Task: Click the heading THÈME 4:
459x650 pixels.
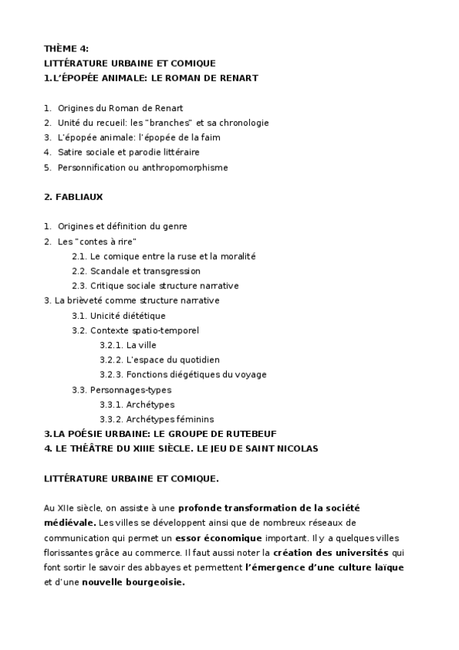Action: point(67,48)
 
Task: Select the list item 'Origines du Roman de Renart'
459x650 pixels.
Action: point(120,107)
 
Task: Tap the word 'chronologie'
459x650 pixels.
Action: point(244,123)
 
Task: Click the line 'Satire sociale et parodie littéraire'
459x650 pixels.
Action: point(123,152)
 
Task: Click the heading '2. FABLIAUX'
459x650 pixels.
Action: point(74,197)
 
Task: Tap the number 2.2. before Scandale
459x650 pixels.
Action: point(80,271)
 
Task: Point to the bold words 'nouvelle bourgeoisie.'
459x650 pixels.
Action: point(134,582)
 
